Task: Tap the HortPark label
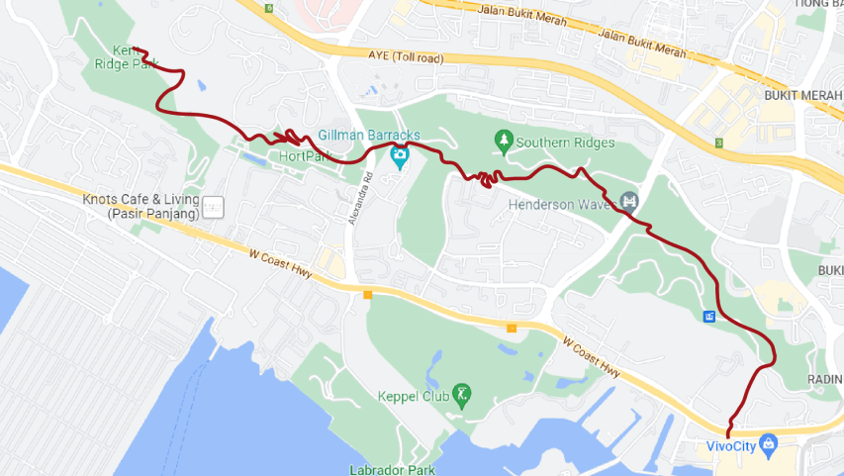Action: click(304, 156)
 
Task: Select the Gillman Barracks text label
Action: click(369, 135)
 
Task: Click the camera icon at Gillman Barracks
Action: click(399, 155)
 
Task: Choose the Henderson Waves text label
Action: click(561, 206)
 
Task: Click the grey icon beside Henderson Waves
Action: click(628, 205)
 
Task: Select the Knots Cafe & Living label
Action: click(141, 206)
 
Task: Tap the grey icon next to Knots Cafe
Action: click(216, 208)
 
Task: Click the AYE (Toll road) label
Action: click(406, 58)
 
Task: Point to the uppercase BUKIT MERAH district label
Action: click(802, 95)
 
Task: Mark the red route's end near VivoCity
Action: click(728, 435)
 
